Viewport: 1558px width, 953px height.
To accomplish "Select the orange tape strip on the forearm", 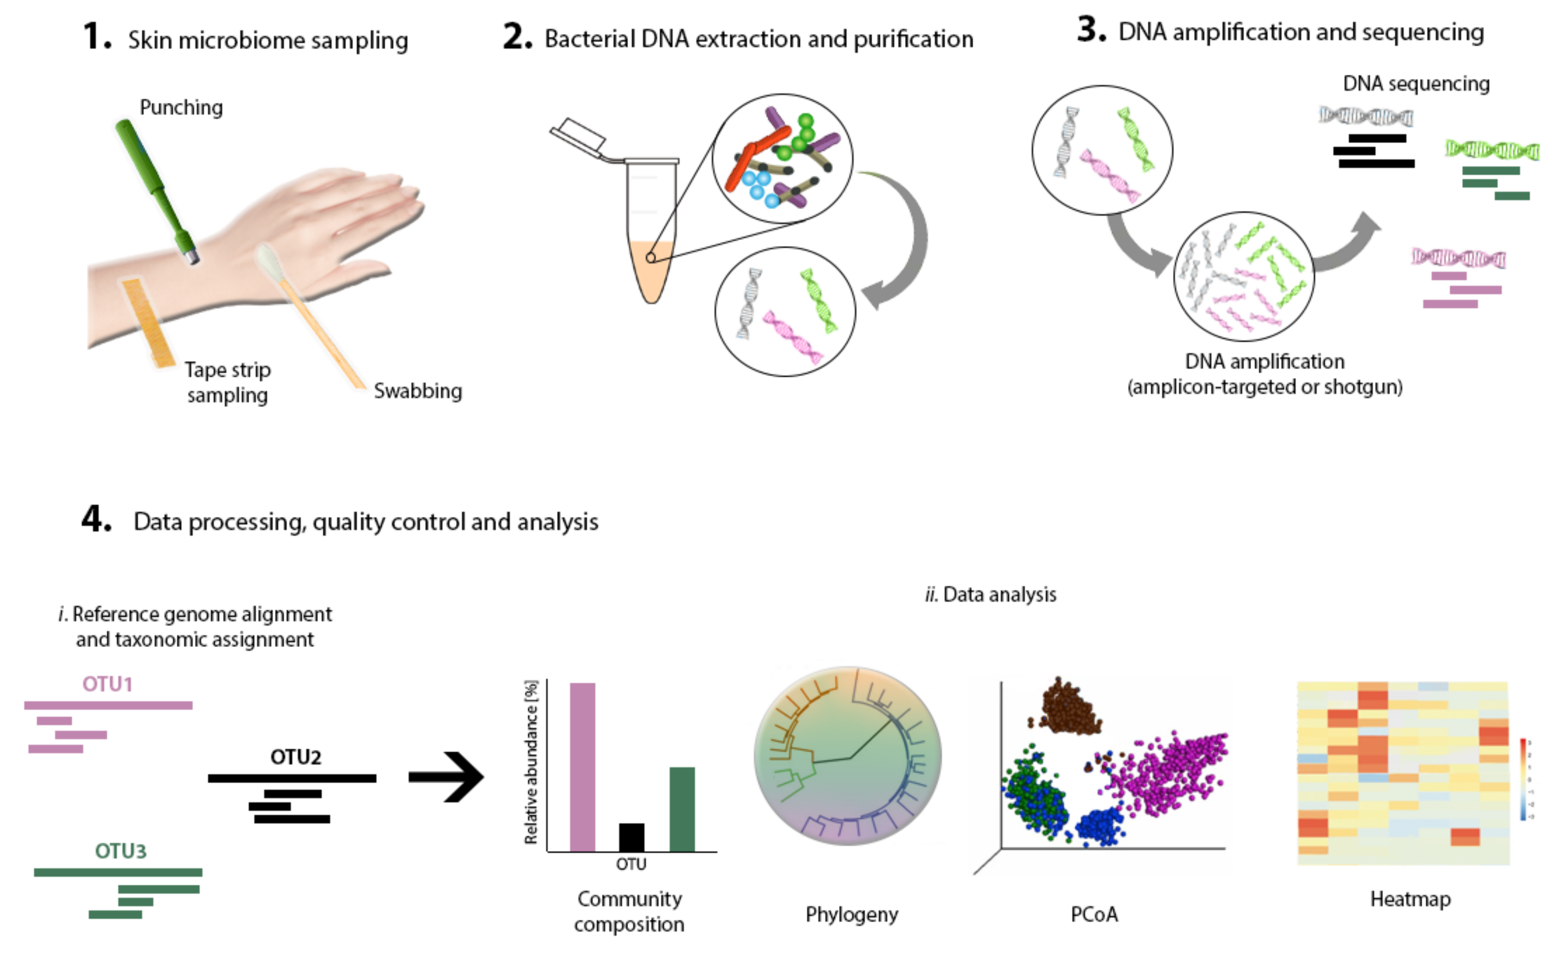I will (149, 323).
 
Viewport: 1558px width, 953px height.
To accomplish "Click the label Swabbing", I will (417, 391).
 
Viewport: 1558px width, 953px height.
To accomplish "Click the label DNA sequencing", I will (1416, 84).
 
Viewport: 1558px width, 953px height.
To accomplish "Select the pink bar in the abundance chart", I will (582, 767).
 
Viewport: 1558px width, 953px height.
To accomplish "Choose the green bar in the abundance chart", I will (682, 809).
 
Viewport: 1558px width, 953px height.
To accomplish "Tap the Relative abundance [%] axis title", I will (531, 762).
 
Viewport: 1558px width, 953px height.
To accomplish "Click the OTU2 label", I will (295, 756).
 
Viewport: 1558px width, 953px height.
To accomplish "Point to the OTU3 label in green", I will (120, 851).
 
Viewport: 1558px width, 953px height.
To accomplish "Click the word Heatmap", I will (1410, 899).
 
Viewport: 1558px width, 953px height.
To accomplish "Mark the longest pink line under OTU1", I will (108, 705).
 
